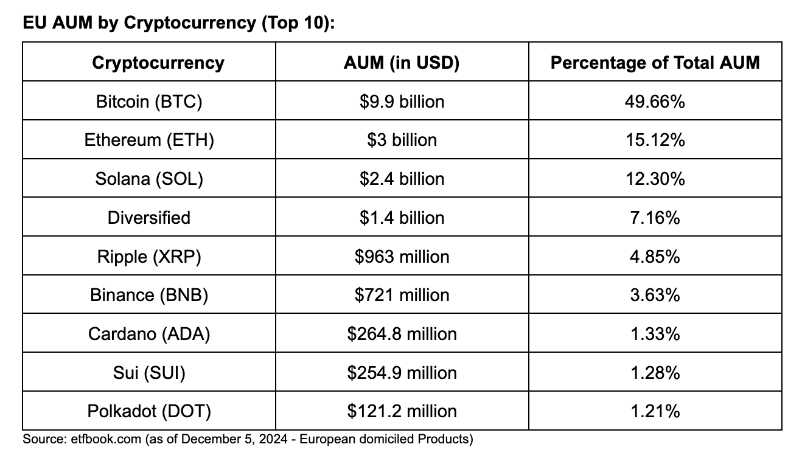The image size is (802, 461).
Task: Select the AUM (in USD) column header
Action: pyautogui.click(x=402, y=63)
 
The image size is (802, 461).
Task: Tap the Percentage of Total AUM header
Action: pyautogui.click(x=655, y=63)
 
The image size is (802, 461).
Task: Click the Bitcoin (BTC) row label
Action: pyautogui.click(x=149, y=101)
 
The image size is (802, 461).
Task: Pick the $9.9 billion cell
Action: pyautogui.click(x=402, y=101)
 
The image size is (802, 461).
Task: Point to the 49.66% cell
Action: pyautogui.click(x=655, y=101)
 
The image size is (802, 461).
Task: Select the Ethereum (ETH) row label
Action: pyautogui.click(x=149, y=140)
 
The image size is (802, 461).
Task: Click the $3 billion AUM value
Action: pyautogui.click(x=402, y=140)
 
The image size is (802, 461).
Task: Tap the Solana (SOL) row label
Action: pyautogui.click(x=149, y=179)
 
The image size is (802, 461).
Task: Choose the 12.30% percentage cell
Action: pyautogui.click(x=655, y=179)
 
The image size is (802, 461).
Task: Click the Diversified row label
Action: pyautogui.click(x=149, y=218)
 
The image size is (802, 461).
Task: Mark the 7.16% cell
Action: pyautogui.click(x=655, y=218)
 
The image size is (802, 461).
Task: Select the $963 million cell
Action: pyautogui.click(x=402, y=257)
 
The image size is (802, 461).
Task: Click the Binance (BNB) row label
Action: pyautogui.click(x=149, y=295)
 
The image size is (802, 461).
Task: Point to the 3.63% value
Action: pyautogui.click(x=655, y=295)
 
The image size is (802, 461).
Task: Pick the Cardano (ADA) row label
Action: pyautogui.click(x=149, y=334)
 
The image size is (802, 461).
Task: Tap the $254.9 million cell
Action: pyautogui.click(x=402, y=373)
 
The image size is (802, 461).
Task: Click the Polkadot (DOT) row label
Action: pyautogui.click(x=149, y=412)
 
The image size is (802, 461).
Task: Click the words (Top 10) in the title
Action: pyautogui.click(x=295, y=23)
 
